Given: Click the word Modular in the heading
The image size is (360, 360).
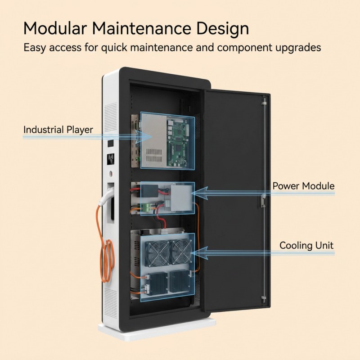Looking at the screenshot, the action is pos(55,28).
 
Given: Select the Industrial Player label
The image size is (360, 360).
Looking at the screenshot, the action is pos(58,130).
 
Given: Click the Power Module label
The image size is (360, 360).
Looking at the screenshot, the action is pos(303,186).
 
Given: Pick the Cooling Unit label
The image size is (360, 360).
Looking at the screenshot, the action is pos(306,245).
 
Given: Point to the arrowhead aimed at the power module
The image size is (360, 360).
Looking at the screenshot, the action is pos(200,193).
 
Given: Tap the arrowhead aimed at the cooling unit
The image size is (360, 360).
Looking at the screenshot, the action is pos(199,253).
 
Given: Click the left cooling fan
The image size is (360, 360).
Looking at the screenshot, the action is pos(158,253).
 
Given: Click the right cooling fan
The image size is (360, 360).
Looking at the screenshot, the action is pos(182,252).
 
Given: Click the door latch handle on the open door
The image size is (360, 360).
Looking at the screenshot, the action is pos(263,200).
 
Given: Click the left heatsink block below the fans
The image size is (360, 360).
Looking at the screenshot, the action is pos(157,284).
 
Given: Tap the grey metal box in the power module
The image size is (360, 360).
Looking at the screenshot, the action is pos(181,198).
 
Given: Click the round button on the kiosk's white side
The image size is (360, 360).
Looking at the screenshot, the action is pos(111,173).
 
